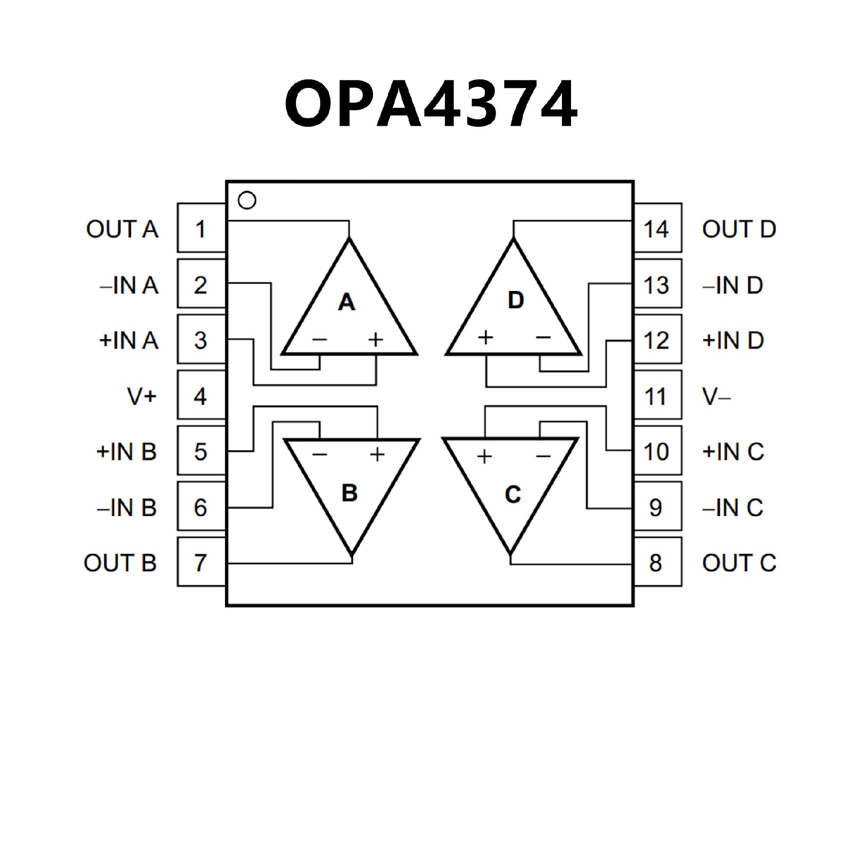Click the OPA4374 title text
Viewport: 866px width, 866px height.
431,105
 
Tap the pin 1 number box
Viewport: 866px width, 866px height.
201,228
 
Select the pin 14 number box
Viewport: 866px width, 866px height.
657,228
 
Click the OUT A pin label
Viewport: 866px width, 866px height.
122,229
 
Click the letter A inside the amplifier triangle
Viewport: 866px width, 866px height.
346,302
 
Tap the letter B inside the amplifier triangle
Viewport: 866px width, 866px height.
350,493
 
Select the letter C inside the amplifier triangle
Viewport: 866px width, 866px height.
513,494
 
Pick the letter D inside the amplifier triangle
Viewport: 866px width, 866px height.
516,300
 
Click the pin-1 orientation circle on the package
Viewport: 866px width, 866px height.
247,200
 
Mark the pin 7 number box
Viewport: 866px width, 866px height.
201,562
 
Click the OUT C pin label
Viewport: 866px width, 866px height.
739,563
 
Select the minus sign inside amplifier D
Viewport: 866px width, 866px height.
543,337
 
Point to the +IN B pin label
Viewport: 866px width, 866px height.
126,451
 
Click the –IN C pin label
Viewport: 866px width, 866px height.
732,507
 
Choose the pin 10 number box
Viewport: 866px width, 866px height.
657,451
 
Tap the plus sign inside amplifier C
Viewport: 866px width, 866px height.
484,456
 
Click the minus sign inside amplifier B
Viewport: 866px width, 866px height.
319,454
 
